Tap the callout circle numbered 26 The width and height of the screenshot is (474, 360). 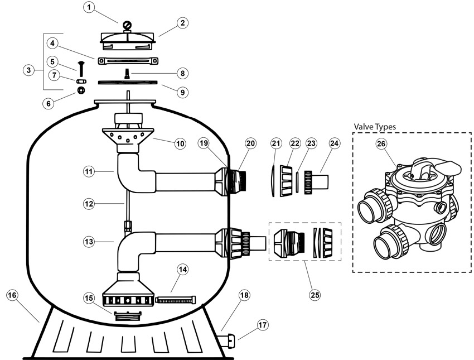coord(381,143)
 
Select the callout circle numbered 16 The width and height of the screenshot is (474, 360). coord(12,295)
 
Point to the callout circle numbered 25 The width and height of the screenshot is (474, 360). coord(315,295)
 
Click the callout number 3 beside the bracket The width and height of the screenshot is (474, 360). coord(28,70)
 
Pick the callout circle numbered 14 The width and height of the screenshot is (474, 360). coord(182,270)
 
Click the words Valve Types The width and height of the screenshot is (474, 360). coord(375,127)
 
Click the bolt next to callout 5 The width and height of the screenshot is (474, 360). coord(81,69)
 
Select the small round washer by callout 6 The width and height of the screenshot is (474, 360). coord(81,90)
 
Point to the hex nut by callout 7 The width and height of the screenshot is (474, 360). coord(81,81)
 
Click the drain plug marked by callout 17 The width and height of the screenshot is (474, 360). coord(228,338)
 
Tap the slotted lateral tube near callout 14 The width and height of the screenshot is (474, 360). coord(176,300)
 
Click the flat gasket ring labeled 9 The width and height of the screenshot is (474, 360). coord(128,82)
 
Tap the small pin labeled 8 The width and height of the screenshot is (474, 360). coord(127,74)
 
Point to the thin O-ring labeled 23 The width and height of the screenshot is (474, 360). coord(298,182)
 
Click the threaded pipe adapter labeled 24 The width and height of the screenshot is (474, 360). coord(316,183)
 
